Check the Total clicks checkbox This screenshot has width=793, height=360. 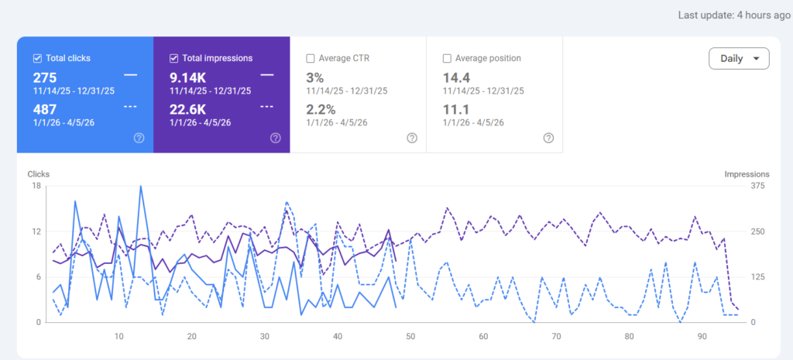37,58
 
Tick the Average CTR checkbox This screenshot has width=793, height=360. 310,58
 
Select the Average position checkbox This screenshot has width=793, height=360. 447,58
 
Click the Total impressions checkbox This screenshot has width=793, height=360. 173,58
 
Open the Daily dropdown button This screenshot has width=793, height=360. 739,58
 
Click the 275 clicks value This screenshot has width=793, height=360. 45,78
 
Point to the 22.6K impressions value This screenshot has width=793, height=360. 187,109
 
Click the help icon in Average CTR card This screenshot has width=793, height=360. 412,138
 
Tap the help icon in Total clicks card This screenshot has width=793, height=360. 139,138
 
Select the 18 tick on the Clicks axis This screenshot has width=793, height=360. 36,186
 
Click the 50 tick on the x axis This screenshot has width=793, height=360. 410,336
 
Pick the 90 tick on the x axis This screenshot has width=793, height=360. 702,336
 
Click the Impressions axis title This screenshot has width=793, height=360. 747,174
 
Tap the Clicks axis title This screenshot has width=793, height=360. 39,174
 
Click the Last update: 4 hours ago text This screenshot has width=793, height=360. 734,15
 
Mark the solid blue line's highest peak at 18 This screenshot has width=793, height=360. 141,186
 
